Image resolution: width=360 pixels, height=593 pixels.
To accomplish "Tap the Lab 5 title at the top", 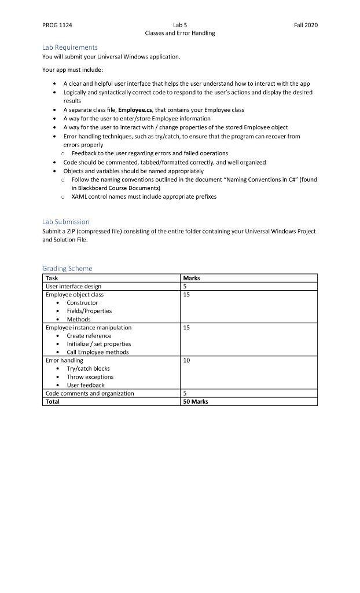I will pyautogui.click(x=179, y=25).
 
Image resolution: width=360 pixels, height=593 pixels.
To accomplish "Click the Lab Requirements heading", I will pyautogui.click(x=69, y=47).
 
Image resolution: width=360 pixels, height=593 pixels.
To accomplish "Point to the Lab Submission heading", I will pyautogui.click(x=66, y=222).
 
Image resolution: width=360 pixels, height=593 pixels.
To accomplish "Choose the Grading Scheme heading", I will pyautogui.click(x=67, y=269).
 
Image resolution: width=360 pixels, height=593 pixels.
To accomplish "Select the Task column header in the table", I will pyautogui.click(x=52, y=278).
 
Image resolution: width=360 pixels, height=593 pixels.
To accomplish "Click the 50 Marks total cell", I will pyautogui.click(x=195, y=401).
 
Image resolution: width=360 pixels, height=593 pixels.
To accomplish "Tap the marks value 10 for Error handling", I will pyautogui.click(x=186, y=360).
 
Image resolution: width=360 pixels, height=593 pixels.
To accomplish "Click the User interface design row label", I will pyautogui.click(x=73, y=286).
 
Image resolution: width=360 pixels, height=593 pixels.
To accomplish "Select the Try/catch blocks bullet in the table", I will pyautogui.click(x=88, y=368).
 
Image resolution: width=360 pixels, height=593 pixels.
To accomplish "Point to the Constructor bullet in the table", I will pyautogui.click(x=82, y=302).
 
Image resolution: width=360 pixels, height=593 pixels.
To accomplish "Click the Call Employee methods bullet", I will pyautogui.click(x=97, y=352).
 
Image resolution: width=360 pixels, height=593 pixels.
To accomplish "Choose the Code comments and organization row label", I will pyautogui.click(x=89, y=393).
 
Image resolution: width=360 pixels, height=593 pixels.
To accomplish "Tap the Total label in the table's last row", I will pyautogui.click(x=52, y=401).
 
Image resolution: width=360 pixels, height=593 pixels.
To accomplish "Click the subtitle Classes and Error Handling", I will pyautogui.click(x=179, y=33).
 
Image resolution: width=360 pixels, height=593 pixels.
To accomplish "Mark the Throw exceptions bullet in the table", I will pyautogui.click(x=90, y=376).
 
